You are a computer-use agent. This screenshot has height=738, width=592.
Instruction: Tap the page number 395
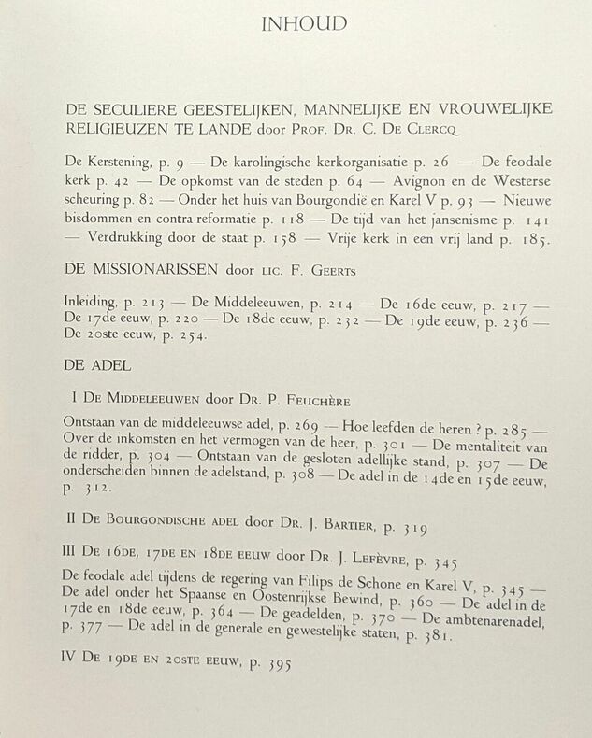277,665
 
